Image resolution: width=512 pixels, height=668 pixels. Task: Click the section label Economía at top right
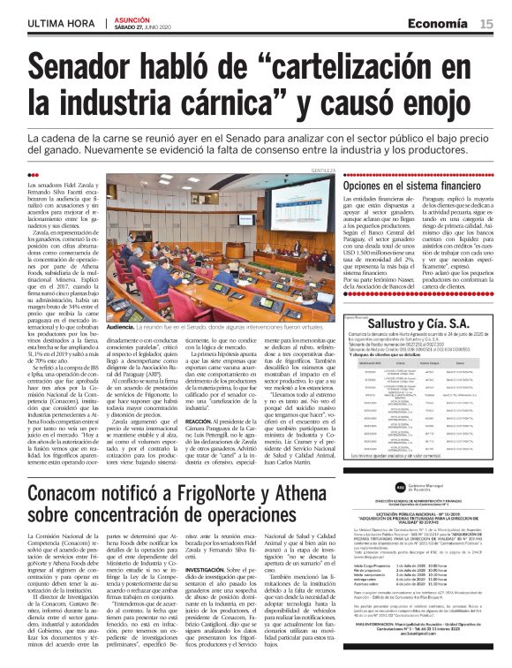coord(445,25)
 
